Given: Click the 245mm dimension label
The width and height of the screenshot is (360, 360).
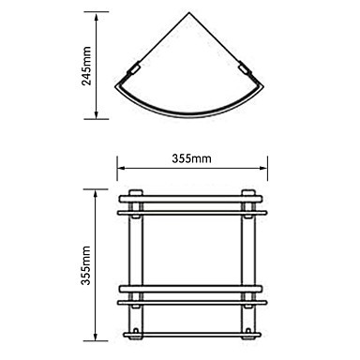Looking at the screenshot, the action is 86,66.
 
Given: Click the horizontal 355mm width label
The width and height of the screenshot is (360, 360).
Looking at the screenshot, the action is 191,158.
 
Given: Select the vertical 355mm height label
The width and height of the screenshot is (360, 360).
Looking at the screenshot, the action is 85,265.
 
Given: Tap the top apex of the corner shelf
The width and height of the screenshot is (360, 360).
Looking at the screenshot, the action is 189,12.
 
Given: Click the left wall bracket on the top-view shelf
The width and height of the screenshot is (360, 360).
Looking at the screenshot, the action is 133,69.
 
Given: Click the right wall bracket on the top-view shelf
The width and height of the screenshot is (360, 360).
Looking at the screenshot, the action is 245,69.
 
